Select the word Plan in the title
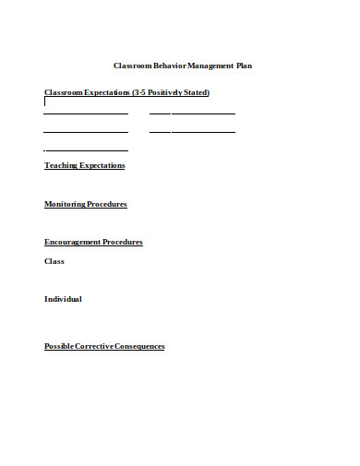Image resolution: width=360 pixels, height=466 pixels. tap(244, 66)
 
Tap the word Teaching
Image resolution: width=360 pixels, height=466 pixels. tap(61, 165)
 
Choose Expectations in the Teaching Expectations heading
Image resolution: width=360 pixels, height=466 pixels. tap(102, 165)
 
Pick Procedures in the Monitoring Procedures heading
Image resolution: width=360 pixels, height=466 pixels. tap(108, 204)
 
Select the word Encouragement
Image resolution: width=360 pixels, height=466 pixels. tap(72, 243)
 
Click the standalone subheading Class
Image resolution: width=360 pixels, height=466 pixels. tap(54, 261)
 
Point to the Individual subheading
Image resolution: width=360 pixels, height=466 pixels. tap(63, 299)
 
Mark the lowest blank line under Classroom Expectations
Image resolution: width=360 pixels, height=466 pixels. tap(86, 150)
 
